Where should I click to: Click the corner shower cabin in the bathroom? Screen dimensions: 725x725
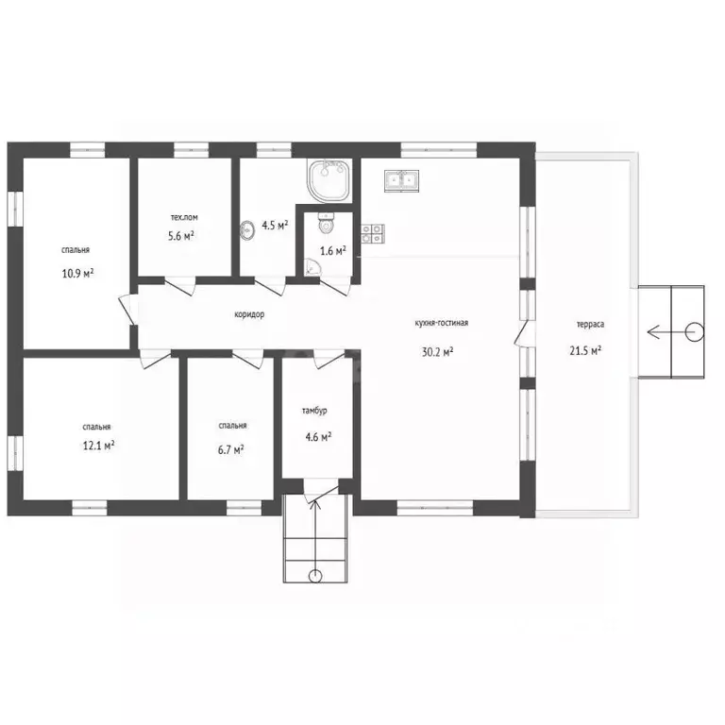[329, 180]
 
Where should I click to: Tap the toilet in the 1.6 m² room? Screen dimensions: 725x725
[327, 224]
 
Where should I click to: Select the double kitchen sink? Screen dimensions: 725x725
[401, 180]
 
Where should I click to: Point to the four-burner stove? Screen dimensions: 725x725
[373, 233]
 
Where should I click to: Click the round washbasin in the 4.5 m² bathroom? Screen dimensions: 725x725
[247, 229]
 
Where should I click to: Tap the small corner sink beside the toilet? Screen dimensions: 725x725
[312, 267]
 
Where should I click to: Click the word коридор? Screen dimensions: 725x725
[249, 314]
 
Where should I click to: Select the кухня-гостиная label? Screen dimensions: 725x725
[442, 323]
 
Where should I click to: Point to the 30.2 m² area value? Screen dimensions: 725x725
[437, 352]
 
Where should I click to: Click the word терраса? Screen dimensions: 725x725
[590, 325]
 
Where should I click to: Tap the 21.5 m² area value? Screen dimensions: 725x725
[585, 350]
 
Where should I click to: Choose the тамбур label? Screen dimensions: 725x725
[314, 411]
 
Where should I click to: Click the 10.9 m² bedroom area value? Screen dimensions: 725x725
[77, 273]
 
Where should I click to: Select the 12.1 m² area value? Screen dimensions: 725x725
[98, 446]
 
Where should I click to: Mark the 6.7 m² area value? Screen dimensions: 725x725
[230, 449]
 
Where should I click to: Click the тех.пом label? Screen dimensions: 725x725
[184, 217]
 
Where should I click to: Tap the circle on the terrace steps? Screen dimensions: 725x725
[694, 331]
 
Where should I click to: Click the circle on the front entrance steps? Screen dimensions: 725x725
[315, 576]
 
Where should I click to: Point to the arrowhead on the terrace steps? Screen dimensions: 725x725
[652, 331]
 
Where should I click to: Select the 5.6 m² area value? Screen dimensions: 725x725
[181, 236]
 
